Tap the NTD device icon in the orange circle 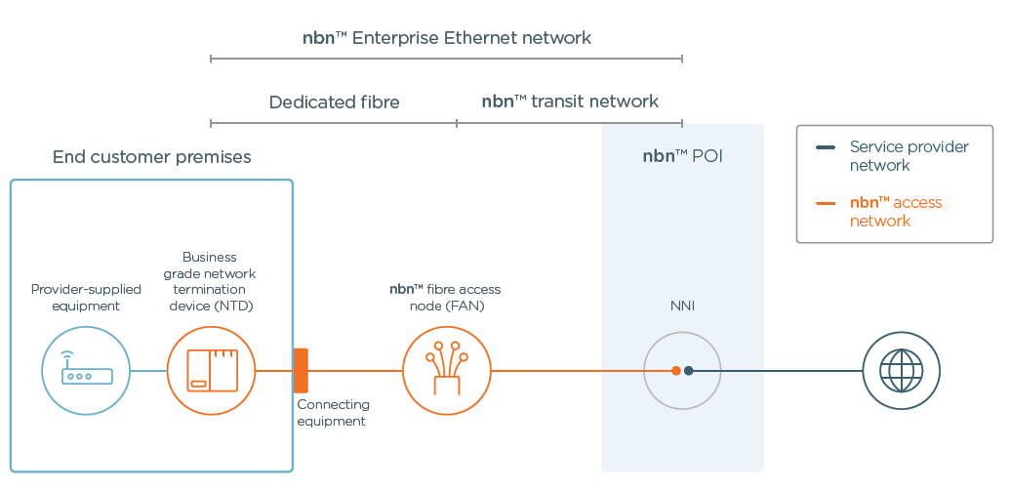click(212, 371)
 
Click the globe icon click(901, 371)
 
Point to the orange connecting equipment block click(301, 371)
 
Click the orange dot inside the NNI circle click(675, 371)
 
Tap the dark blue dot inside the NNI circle click(689, 371)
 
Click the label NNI click(682, 307)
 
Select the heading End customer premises click(151, 157)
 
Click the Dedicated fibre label click(334, 102)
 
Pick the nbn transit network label click(570, 102)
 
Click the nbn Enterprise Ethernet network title click(447, 39)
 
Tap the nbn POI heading click(682, 156)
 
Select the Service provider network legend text click(908, 156)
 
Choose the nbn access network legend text click(895, 212)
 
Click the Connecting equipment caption click(333, 413)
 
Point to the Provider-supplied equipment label click(86, 298)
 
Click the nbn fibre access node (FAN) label click(445, 298)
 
